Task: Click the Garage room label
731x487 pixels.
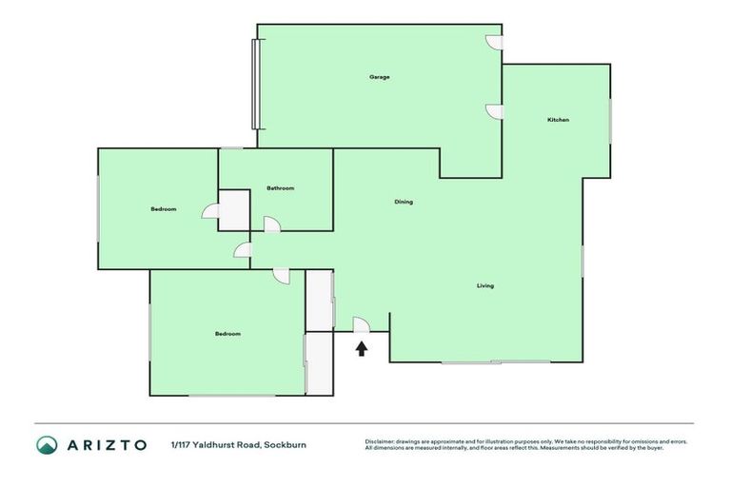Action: (380, 77)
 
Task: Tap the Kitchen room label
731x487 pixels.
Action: (558, 120)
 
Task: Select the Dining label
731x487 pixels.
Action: (404, 202)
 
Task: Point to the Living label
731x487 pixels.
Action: (485, 285)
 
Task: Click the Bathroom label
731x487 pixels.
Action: (281, 188)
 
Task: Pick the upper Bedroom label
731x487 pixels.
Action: (164, 209)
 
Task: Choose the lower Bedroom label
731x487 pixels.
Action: (227, 334)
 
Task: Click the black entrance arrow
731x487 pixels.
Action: (362, 348)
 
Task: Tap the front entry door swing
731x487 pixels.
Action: (361, 324)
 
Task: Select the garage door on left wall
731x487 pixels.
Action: (254, 84)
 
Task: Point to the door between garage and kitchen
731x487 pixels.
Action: (494, 111)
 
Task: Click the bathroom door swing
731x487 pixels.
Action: (271, 224)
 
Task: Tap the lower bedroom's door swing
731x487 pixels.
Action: (281, 275)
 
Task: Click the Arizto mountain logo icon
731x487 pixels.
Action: (47, 444)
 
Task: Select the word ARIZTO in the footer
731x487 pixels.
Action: (106, 444)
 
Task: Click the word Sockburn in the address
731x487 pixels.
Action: (285, 444)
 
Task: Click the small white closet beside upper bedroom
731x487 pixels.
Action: (234, 210)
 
